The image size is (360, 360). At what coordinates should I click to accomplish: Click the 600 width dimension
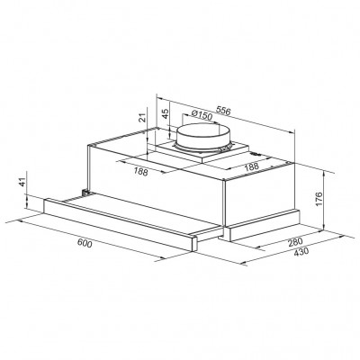click(x=86, y=243)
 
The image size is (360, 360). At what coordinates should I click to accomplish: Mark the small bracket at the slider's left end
click(x=82, y=192)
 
